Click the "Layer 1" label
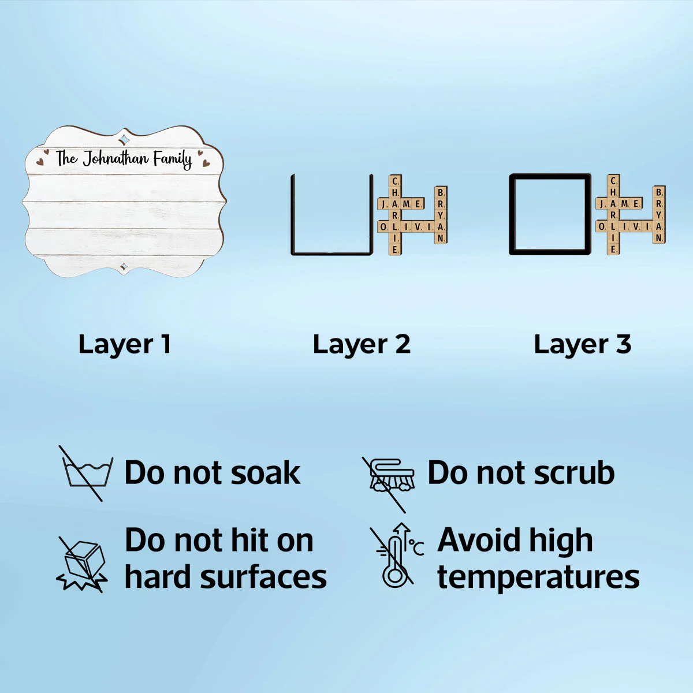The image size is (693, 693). click(124, 344)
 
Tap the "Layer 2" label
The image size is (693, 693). click(362, 344)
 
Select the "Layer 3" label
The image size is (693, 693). click(583, 344)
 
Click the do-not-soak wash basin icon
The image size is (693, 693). click(86, 474)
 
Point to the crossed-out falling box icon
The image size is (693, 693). click(83, 564)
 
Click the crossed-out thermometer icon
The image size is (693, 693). click(397, 556)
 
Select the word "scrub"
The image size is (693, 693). click(574, 472)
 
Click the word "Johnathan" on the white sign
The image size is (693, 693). click(115, 159)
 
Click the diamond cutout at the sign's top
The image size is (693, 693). click(124, 139)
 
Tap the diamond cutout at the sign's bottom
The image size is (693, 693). click(124, 266)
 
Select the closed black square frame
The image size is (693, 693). click(512, 214)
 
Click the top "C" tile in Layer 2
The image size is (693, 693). click(395, 181)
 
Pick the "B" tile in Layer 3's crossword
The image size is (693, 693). click(658, 192)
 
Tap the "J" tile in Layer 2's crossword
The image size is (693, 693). click(383, 204)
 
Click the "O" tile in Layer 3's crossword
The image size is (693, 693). click(601, 226)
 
